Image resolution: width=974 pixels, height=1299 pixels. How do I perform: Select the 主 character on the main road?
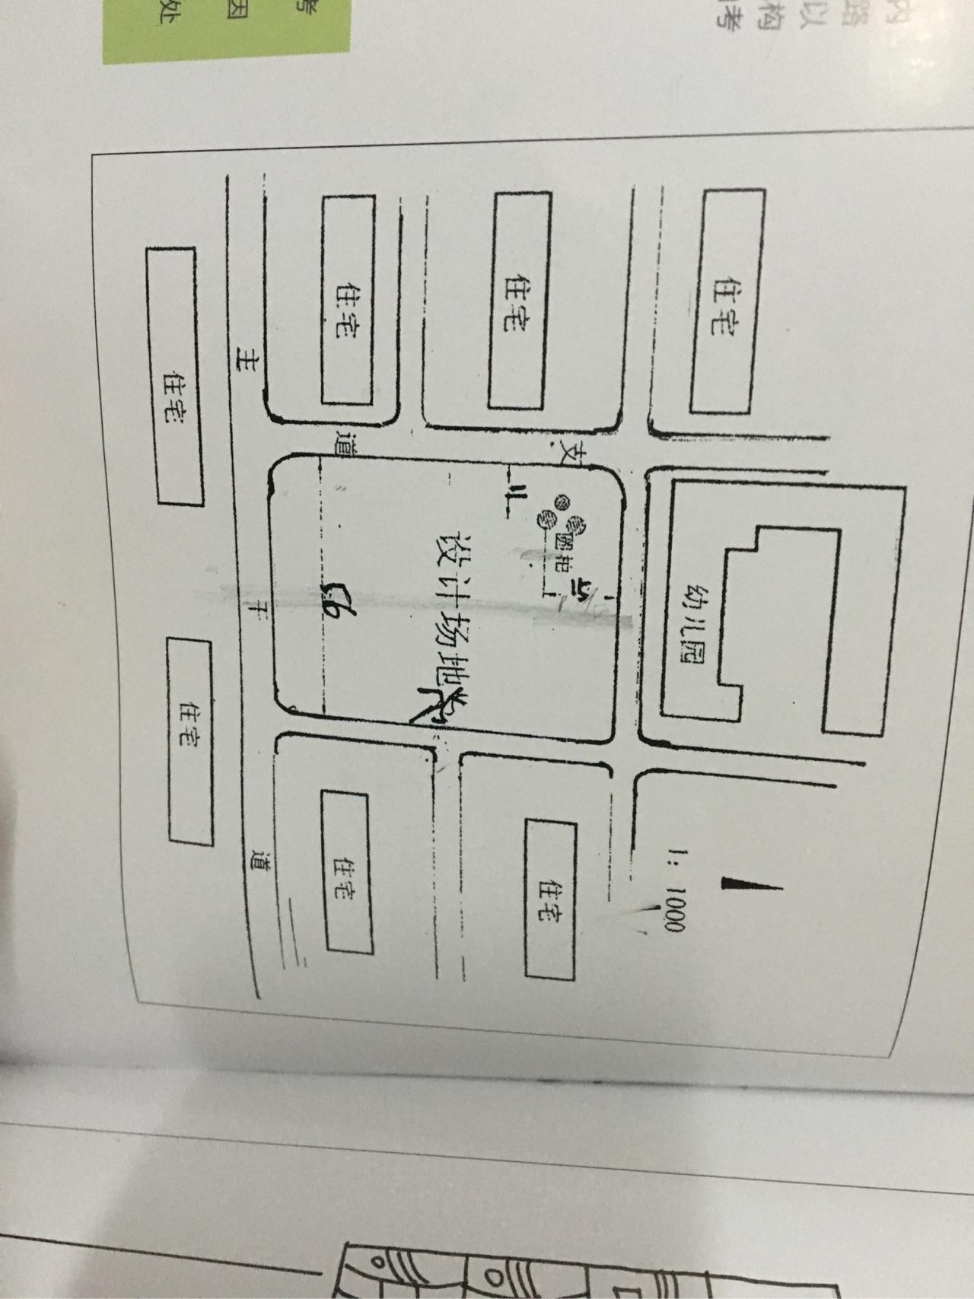[247, 358]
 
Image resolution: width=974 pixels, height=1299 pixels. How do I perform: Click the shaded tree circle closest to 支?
[562, 501]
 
